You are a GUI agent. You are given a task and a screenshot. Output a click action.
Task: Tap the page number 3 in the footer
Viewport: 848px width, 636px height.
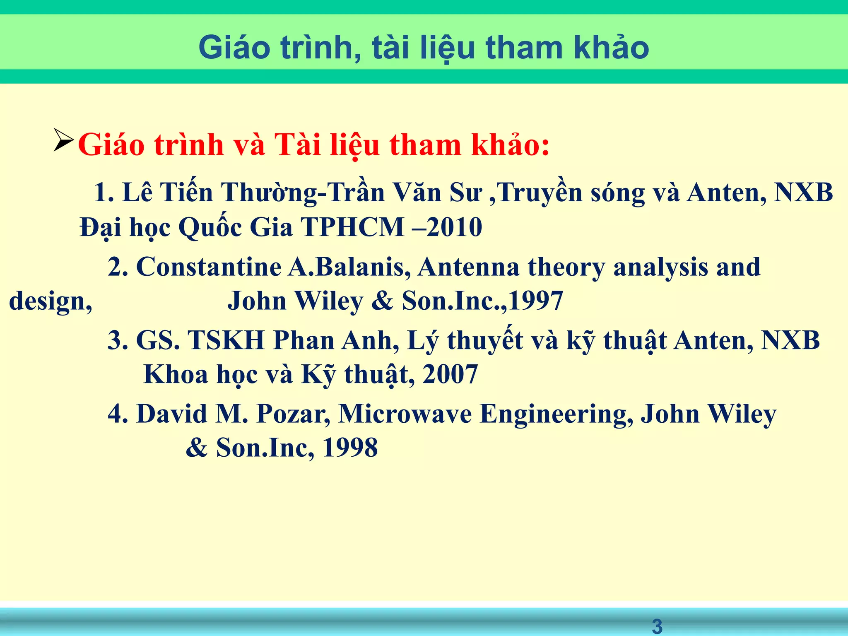[657, 626]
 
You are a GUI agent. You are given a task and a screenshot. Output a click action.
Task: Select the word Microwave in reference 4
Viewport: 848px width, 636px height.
[405, 414]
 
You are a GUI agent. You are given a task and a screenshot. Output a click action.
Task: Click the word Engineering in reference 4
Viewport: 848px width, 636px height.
[556, 414]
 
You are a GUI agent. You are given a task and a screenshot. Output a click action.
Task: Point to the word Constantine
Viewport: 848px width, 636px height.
[209, 267]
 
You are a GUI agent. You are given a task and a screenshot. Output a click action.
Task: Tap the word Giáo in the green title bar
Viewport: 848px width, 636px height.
[234, 48]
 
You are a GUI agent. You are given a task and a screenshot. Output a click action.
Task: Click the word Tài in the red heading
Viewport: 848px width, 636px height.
[297, 145]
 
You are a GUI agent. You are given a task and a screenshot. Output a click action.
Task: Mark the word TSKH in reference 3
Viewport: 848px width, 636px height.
[226, 340]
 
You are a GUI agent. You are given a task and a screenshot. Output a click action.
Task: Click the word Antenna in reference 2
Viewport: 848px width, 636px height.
[468, 267]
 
